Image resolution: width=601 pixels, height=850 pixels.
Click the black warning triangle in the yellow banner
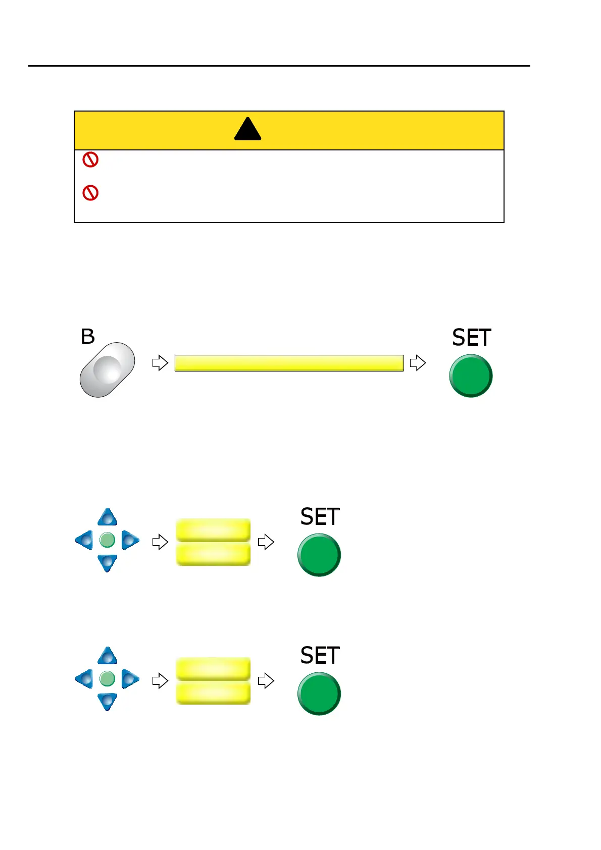coord(247,130)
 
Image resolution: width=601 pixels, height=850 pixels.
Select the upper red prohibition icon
coord(90,160)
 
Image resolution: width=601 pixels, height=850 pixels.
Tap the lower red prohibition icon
coord(90,193)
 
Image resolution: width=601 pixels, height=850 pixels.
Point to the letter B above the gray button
coord(88,337)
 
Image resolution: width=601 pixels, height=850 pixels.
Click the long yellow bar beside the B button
coord(289,363)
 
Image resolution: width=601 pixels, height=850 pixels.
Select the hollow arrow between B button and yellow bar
coord(160,362)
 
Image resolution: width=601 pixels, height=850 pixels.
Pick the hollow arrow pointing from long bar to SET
coord(418,362)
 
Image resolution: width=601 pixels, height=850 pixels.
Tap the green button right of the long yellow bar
coord(471,376)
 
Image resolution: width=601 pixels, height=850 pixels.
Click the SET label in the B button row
coord(471,338)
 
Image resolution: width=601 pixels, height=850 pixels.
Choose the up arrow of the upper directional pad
coord(107,518)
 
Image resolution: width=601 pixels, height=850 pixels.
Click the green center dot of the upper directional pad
coord(107,540)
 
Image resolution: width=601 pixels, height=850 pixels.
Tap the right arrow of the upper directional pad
coord(129,540)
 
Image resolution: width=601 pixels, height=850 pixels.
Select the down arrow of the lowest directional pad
coord(107,701)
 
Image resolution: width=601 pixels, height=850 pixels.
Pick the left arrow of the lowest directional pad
coord(84,679)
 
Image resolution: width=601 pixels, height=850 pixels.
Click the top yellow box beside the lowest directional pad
coord(213,668)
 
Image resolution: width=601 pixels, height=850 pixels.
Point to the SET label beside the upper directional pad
coord(320,517)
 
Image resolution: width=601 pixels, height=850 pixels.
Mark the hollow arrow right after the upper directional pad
coord(160,542)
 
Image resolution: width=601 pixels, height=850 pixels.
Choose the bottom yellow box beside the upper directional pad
coord(213,554)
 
